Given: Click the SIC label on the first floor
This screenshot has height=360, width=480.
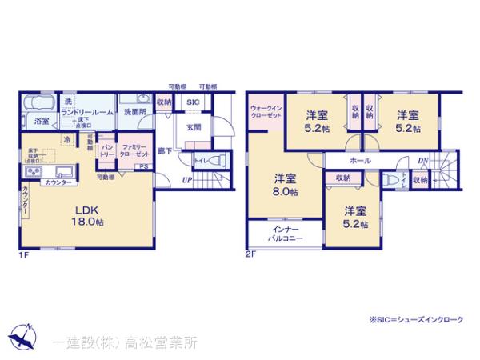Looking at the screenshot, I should tap(193, 103).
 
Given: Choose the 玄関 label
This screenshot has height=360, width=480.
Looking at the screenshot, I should tap(194, 126).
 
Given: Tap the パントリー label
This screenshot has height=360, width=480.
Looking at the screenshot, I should tap(106, 150).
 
